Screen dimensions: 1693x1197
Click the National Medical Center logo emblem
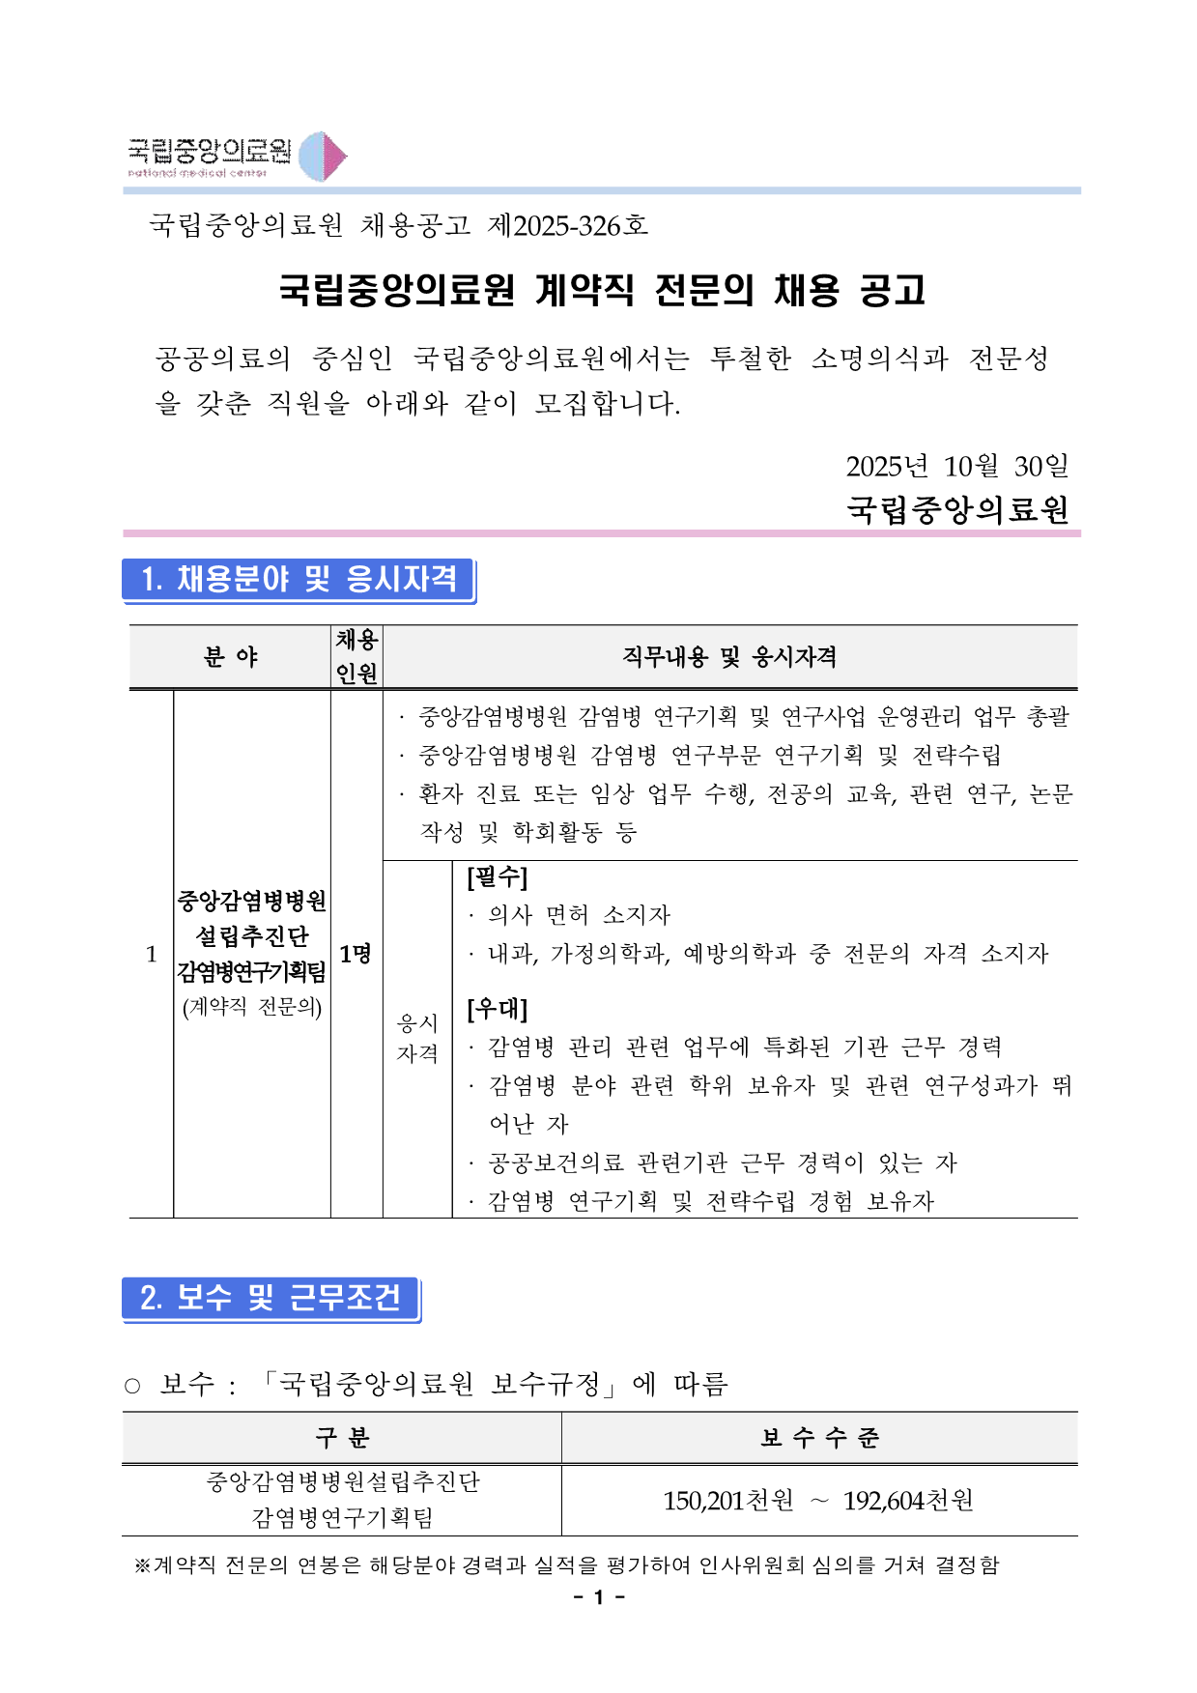[x=322, y=157]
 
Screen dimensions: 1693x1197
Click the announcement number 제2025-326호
[x=568, y=225]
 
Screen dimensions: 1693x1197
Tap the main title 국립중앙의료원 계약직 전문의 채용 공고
[x=602, y=290]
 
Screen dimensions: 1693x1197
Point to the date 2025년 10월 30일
[x=956, y=466]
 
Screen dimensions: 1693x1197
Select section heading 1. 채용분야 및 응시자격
[x=299, y=579]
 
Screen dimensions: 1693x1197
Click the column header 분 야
[x=230, y=657]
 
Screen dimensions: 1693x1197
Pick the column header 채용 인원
[x=356, y=657]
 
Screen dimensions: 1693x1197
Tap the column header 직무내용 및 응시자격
[x=729, y=657]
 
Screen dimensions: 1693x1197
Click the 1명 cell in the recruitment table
[x=356, y=954]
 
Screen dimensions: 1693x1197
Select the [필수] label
[x=497, y=877]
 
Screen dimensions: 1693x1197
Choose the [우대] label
[x=497, y=1009]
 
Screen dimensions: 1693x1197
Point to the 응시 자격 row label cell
[x=417, y=1038]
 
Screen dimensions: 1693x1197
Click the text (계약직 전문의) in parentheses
[x=252, y=1007]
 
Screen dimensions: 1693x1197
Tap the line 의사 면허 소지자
[x=579, y=915]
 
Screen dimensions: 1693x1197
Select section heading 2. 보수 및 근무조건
[x=271, y=1298]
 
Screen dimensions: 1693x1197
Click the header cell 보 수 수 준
[x=819, y=1438]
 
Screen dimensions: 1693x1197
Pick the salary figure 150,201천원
[x=727, y=1501]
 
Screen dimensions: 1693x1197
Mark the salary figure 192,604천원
[x=908, y=1501]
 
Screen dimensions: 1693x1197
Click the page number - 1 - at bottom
[x=599, y=1597]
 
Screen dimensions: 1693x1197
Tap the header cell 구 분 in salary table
[x=342, y=1438]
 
